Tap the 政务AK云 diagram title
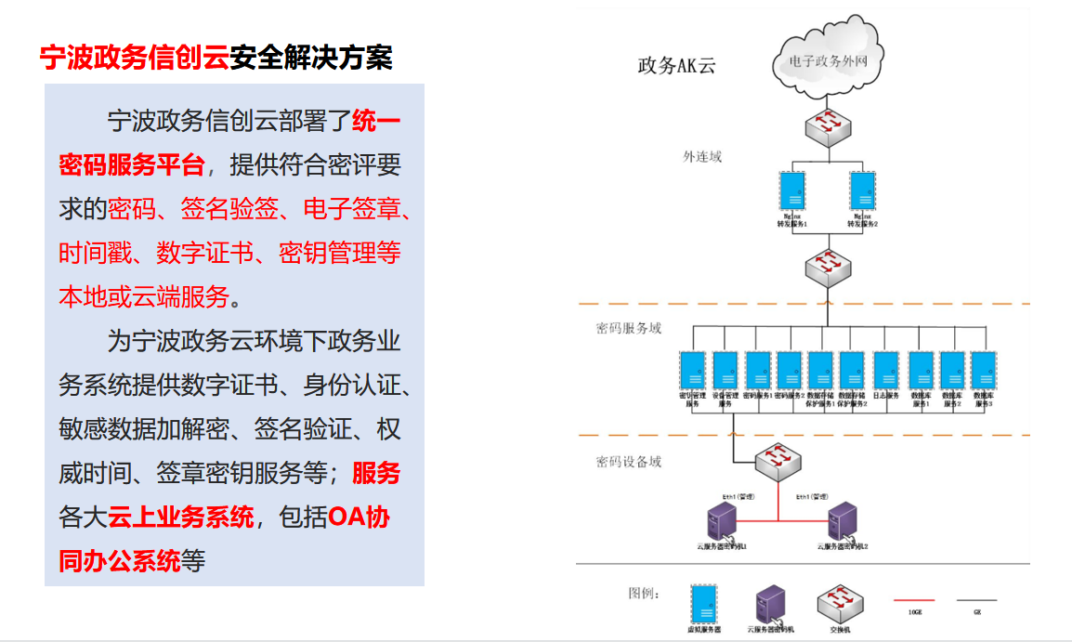tap(676, 66)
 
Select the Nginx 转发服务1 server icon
tap(791, 192)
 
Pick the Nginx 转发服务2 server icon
tap(862, 192)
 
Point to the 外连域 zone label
tap(702, 156)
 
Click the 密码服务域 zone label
tap(629, 328)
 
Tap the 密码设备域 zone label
tap(629, 462)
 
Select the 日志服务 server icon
tap(886, 370)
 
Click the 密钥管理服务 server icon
tap(692, 370)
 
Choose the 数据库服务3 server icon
tap(984, 370)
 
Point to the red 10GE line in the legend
tap(915, 600)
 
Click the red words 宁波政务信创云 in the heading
tap(134, 58)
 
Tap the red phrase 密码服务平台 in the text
tap(131, 165)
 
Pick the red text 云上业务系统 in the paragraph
tap(181, 517)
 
